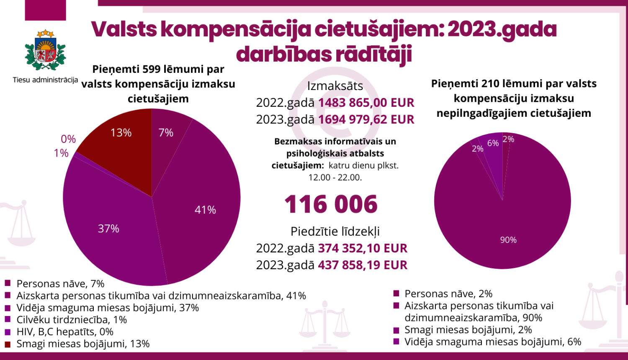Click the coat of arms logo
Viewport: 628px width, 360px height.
pyautogui.click(x=45, y=51)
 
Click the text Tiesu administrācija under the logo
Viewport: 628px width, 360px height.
pyautogui.click(x=45, y=80)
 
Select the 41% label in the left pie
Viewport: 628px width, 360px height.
pyautogui.click(x=205, y=210)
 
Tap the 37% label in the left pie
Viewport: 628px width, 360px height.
pyautogui.click(x=108, y=229)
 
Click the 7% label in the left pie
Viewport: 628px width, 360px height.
pyautogui.click(x=166, y=133)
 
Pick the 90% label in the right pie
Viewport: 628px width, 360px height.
pyautogui.click(x=508, y=240)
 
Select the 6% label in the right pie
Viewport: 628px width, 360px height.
pyautogui.click(x=493, y=143)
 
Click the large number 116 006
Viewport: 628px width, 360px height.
pyautogui.click(x=331, y=204)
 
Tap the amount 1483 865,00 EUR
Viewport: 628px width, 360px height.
pyautogui.click(x=366, y=103)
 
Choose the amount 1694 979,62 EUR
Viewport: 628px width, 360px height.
pyautogui.click(x=366, y=119)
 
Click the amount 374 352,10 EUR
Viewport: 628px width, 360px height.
pyautogui.click(x=363, y=248)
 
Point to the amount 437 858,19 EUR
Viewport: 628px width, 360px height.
pyautogui.click(x=363, y=265)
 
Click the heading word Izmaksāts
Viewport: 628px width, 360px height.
pyautogui.click(x=335, y=86)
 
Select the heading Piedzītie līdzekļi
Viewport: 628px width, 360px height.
pyautogui.click(x=335, y=231)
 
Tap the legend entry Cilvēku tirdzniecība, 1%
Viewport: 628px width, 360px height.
pyautogui.click(x=72, y=320)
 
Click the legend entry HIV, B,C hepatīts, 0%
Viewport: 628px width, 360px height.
pyautogui.click(x=65, y=332)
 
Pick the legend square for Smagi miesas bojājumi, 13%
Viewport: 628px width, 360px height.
pyautogui.click(x=8, y=344)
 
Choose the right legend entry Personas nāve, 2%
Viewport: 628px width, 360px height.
pyautogui.click(x=448, y=294)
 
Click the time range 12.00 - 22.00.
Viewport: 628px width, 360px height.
pyautogui.click(x=335, y=177)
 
